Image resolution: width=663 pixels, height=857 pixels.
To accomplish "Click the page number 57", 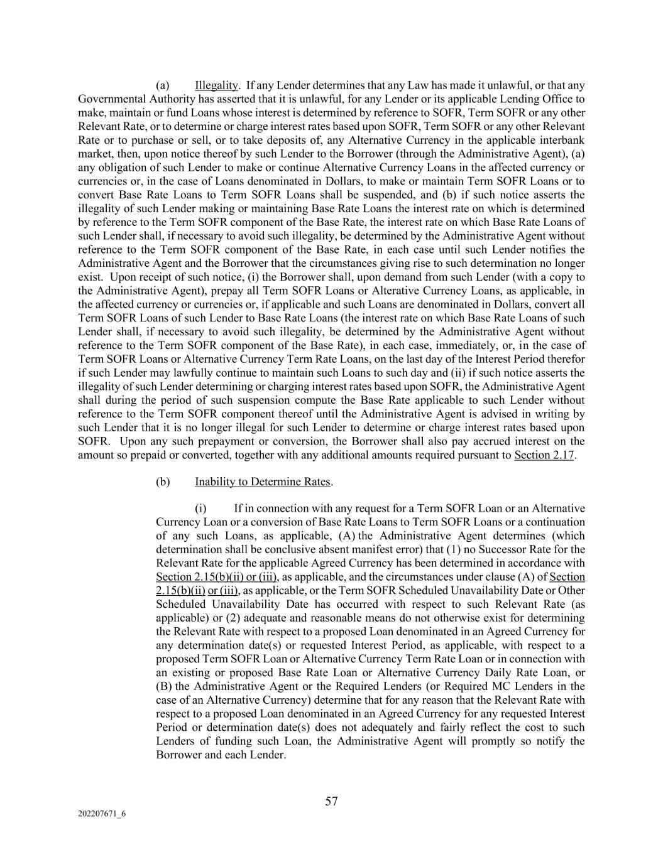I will [x=331, y=801].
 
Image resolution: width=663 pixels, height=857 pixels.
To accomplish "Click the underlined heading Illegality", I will [x=216, y=85].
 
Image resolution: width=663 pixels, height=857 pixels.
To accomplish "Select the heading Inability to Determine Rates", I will [x=262, y=482].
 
